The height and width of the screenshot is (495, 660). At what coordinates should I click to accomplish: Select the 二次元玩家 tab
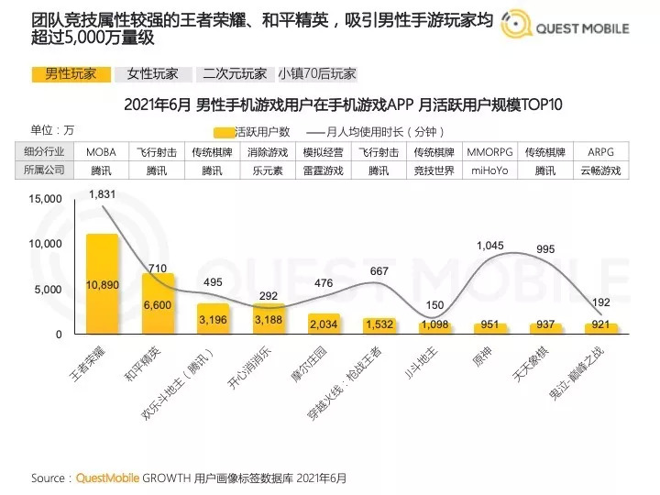235,73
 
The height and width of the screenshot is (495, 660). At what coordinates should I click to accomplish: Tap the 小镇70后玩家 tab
316,73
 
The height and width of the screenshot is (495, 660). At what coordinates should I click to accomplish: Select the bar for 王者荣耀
102,284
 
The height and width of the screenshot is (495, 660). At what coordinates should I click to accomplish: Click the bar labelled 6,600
158,304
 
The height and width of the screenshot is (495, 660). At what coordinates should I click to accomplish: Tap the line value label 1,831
102,194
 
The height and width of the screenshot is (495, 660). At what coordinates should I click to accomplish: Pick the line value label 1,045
491,245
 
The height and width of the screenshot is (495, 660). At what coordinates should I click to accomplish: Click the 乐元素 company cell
267,170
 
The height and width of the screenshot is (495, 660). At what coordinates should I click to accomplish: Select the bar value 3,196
213,319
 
